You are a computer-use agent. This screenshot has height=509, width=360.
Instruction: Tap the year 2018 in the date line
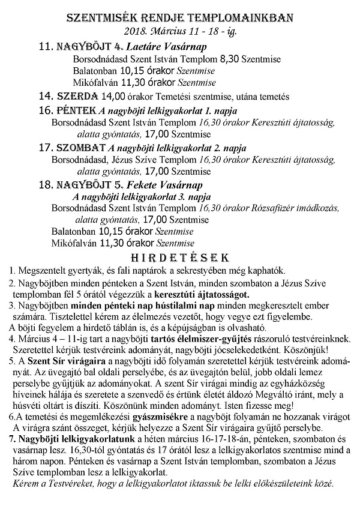135,30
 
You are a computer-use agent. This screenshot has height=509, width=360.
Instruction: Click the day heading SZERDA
76,96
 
